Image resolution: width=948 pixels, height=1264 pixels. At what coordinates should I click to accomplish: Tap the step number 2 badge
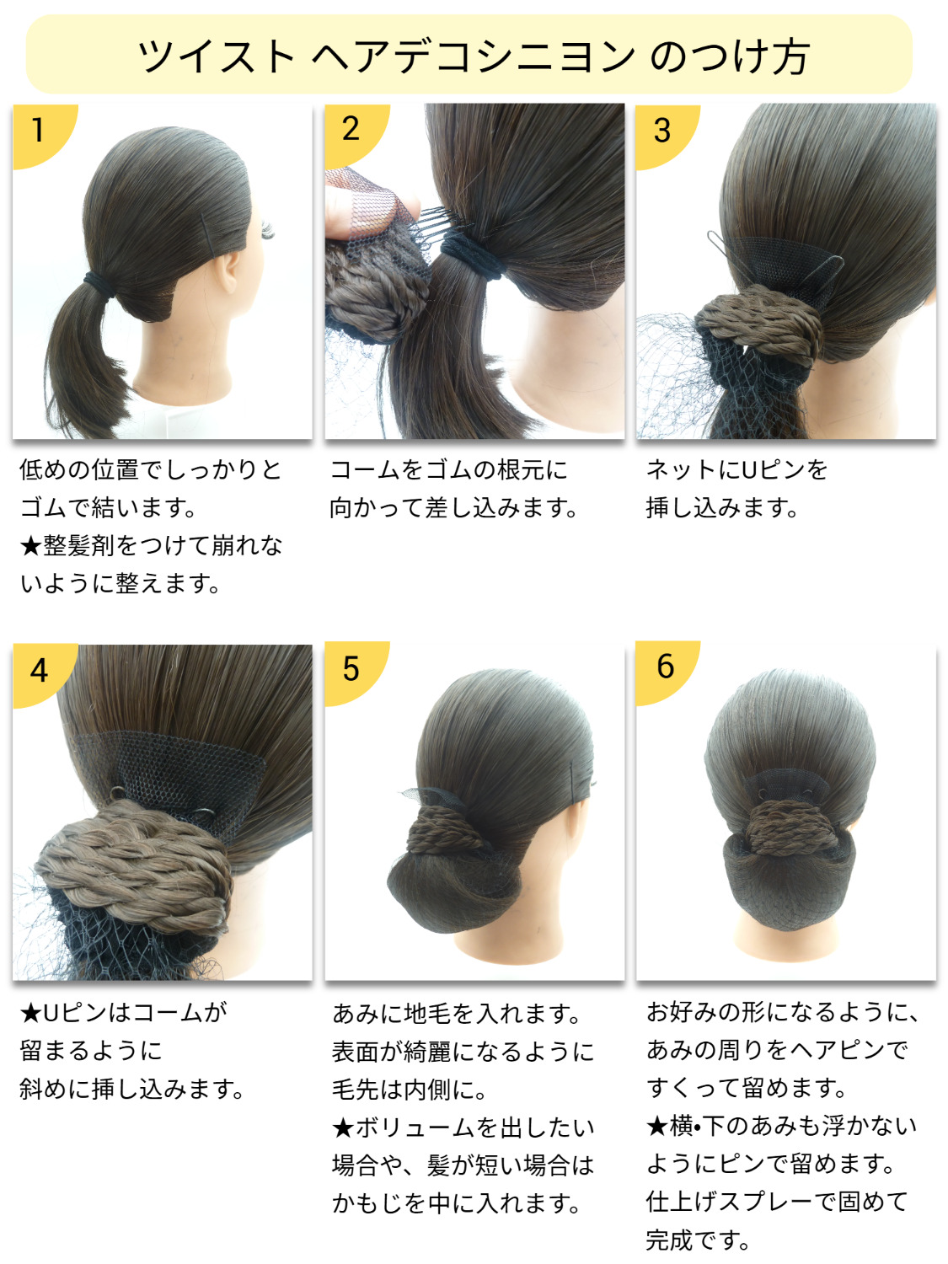(x=352, y=132)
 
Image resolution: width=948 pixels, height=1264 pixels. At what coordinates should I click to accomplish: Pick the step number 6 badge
(x=663, y=669)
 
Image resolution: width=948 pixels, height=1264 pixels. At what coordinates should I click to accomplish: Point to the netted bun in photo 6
(x=786, y=883)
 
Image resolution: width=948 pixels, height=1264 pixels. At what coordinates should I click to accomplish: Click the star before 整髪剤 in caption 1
(x=30, y=546)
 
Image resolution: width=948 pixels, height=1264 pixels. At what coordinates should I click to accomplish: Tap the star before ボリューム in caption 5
(x=343, y=1127)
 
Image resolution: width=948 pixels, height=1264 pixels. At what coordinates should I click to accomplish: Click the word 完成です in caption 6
(x=697, y=1240)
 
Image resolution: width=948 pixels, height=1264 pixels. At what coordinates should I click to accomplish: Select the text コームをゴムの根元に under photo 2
(x=449, y=470)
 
